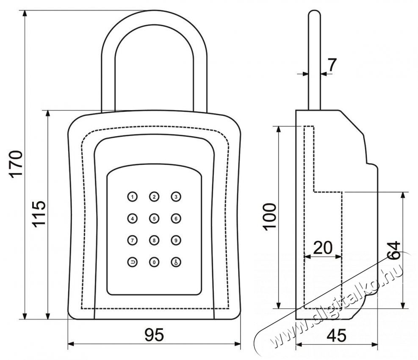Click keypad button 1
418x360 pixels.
(133, 197)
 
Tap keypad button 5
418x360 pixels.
(154, 219)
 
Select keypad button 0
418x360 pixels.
(154, 263)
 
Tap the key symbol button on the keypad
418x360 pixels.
(176, 263)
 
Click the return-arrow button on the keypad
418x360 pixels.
(133, 263)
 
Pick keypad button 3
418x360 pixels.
(176, 197)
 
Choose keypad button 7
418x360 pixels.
(133, 241)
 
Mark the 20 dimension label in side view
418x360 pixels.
(323, 247)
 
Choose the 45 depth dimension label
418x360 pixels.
(337, 335)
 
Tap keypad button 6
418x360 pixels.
(176, 219)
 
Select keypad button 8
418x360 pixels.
(154, 241)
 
